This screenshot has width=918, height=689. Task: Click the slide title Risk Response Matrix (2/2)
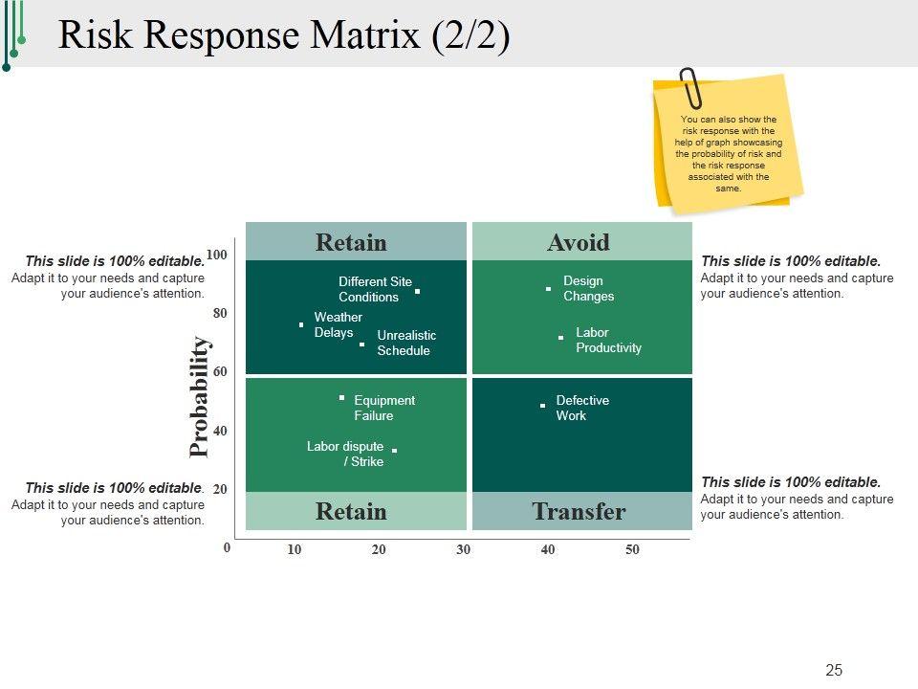(284, 35)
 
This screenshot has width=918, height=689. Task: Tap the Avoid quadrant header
(579, 243)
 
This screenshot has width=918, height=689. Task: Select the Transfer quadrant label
(579, 512)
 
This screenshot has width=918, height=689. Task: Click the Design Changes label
(588, 289)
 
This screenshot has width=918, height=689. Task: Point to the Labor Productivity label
(608, 341)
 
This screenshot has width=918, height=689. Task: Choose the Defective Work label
(581, 408)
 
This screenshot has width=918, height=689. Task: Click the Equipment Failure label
(383, 408)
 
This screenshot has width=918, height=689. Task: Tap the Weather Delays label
(338, 324)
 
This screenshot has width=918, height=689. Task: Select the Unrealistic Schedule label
(406, 343)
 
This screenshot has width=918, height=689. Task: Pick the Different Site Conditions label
(375, 289)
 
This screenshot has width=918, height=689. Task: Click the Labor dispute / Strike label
(345, 454)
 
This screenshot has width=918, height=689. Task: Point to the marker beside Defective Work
(542, 406)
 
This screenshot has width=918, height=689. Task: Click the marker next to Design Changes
(548, 288)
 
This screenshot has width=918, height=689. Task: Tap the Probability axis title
(198, 396)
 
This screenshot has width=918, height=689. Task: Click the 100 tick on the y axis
(216, 255)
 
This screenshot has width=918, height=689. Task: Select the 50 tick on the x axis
(632, 549)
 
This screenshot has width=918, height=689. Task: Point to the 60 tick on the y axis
(220, 371)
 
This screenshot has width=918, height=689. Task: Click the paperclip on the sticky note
(690, 88)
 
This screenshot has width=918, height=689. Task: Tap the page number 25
(834, 670)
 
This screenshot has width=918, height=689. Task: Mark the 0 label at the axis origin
(227, 548)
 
